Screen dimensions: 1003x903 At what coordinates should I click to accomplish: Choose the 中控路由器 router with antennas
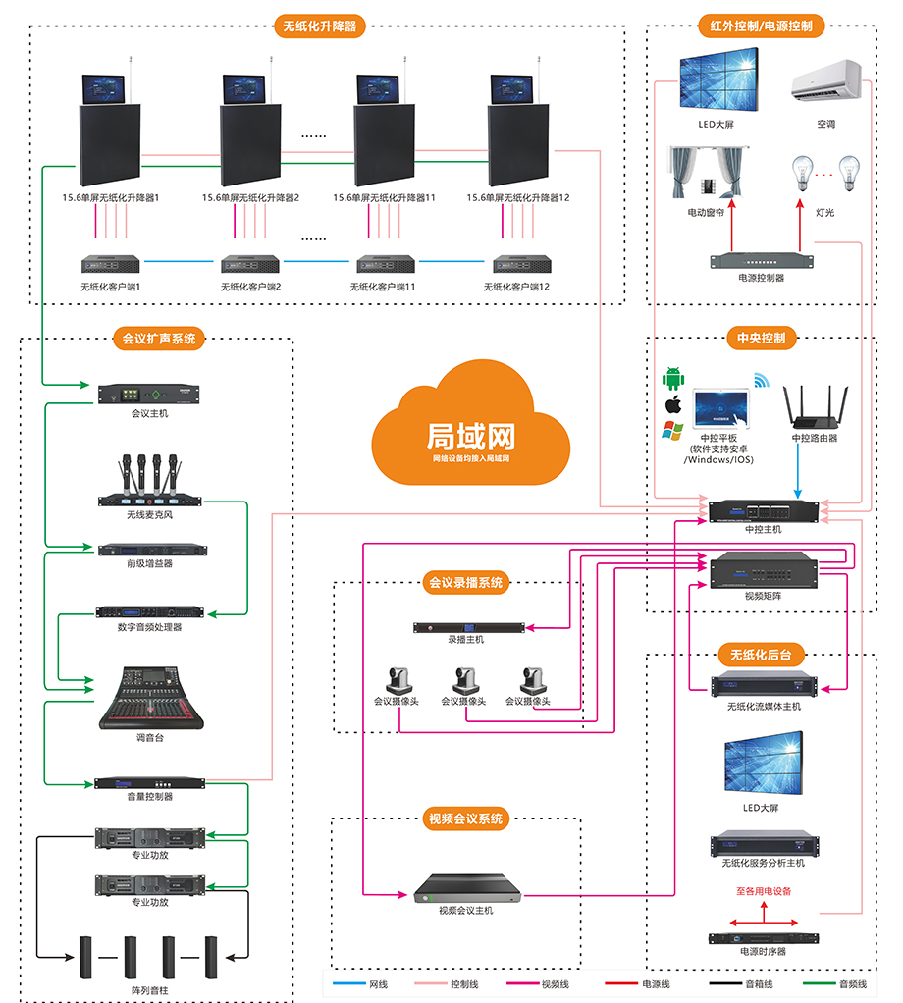(x=815, y=407)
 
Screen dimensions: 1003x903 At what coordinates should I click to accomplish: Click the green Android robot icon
(x=673, y=378)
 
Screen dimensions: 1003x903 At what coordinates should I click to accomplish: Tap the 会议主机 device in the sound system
(x=150, y=393)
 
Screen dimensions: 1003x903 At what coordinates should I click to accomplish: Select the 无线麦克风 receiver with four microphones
(x=150, y=481)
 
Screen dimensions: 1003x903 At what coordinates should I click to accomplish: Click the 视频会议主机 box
(x=466, y=890)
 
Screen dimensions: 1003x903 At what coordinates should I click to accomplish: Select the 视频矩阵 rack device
(x=763, y=570)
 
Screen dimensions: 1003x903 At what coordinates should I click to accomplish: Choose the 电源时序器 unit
(x=764, y=937)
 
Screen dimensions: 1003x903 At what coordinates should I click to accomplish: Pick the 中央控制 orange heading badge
(x=762, y=339)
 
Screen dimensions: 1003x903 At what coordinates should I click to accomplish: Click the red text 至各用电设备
(x=764, y=892)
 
